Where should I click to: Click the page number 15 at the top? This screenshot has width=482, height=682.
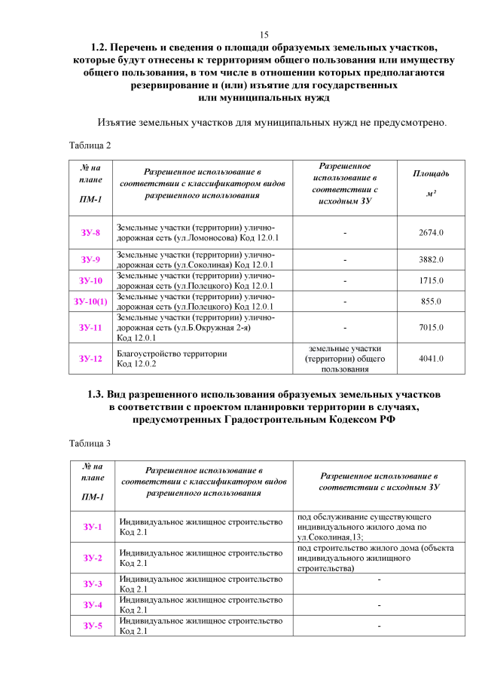coord(264,35)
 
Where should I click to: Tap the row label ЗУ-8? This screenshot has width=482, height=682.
coord(90,233)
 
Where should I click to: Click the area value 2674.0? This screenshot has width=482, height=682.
coord(431,233)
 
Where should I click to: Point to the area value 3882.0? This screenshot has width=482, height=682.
coord(431,260)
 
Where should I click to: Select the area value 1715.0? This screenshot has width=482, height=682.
coord(431,280)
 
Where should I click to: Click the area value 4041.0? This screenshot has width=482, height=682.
coord(431,359)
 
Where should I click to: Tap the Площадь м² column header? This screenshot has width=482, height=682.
coord(431,184)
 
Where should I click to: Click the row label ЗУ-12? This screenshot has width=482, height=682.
coord(90,359)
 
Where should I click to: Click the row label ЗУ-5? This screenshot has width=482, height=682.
coord(90,625)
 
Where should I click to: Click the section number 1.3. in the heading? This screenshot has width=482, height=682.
coord(100,394)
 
